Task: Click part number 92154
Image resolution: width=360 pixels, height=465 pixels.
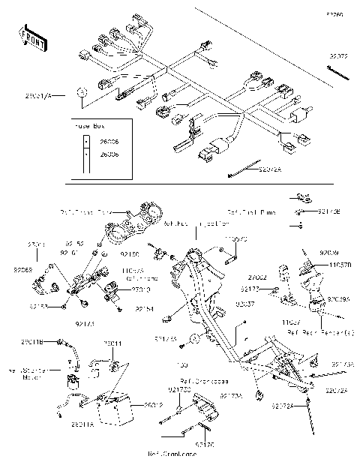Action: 145,308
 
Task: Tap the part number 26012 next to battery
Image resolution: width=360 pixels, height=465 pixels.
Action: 154,405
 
